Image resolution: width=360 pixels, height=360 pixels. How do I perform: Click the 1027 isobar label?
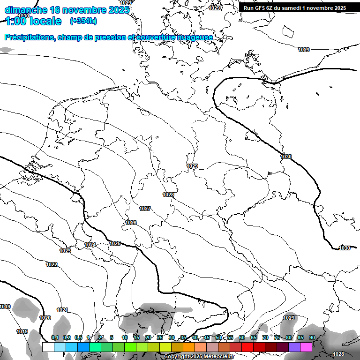[145, 209]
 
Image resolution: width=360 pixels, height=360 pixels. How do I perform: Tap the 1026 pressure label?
[131, 223]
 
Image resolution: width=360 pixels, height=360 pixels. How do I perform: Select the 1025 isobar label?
[115, 243]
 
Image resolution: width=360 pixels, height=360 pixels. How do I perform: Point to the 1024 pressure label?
[90, 245]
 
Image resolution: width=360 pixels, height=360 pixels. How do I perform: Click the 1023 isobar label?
[65, 251]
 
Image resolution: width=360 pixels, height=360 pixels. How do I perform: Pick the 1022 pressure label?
[52, 265]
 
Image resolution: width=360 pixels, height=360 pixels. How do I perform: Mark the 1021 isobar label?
[62, 310]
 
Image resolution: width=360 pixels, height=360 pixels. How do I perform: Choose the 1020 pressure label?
[45, 318]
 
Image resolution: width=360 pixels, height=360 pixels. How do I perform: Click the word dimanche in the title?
[25, 10]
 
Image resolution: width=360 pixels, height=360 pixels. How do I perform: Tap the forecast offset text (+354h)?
[83, 21]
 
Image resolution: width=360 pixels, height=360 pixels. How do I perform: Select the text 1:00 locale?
[33, 21]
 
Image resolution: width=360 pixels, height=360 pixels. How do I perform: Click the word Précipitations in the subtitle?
[29, 37]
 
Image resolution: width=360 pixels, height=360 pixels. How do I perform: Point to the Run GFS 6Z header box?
[294, 7]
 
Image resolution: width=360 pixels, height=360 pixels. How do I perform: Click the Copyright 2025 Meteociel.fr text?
[199, 356]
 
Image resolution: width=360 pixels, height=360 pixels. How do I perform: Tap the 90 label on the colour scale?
[312, 337]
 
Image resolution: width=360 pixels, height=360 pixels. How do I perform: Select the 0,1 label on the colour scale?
[55, 337]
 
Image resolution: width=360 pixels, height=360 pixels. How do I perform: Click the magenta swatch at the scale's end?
[306, 347]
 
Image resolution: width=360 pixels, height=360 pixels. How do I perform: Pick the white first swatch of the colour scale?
[48, 347]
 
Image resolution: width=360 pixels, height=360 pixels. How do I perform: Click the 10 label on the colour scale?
[125, 337]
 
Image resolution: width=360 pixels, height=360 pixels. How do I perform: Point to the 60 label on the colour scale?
[242, 337]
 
